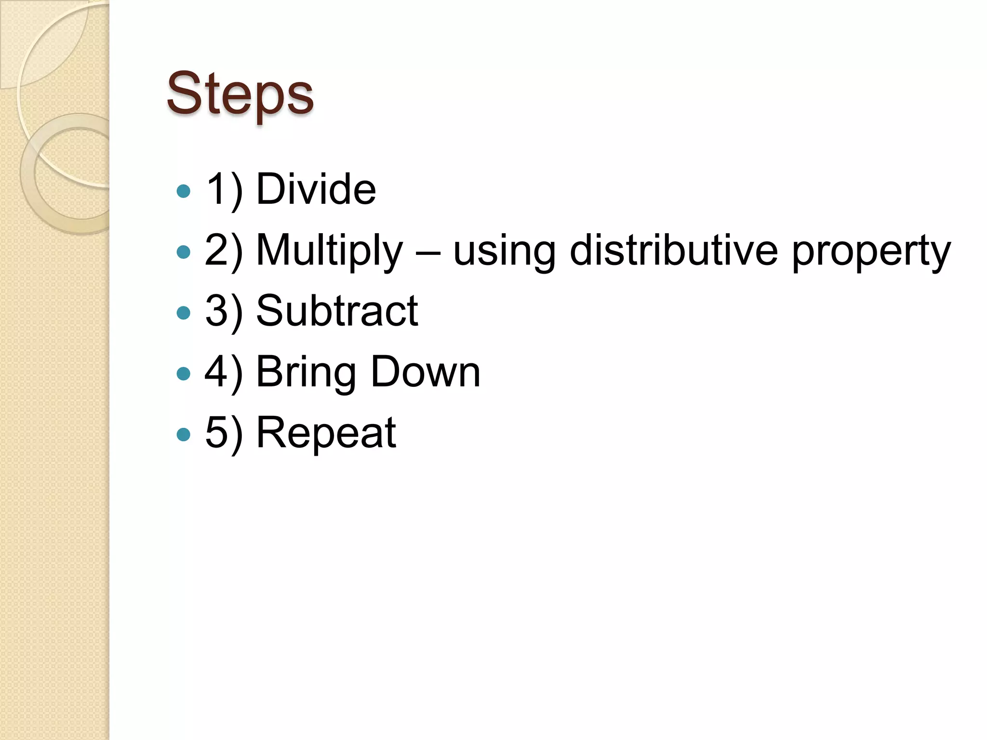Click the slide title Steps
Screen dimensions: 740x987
coord(240,93)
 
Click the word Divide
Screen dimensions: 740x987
coord(316,189)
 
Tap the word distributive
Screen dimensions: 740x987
coord(673,251)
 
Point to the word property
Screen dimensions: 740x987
coord(871,251)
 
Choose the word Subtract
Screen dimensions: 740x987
coord(337,311)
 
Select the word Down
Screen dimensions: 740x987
coord(426,371)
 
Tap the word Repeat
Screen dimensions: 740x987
coord(326,433)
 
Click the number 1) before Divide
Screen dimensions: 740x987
coord(224,190)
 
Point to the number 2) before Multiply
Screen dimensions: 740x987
coord(224,251)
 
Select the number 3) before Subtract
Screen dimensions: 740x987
coord(224,311)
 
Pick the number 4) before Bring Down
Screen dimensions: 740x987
coord(224,372)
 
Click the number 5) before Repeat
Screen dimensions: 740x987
coord(224,433)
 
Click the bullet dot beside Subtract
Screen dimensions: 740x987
coord(184,313)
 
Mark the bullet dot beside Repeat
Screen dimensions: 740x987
coord(184,435)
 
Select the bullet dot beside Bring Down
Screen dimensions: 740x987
coord(184,374)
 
